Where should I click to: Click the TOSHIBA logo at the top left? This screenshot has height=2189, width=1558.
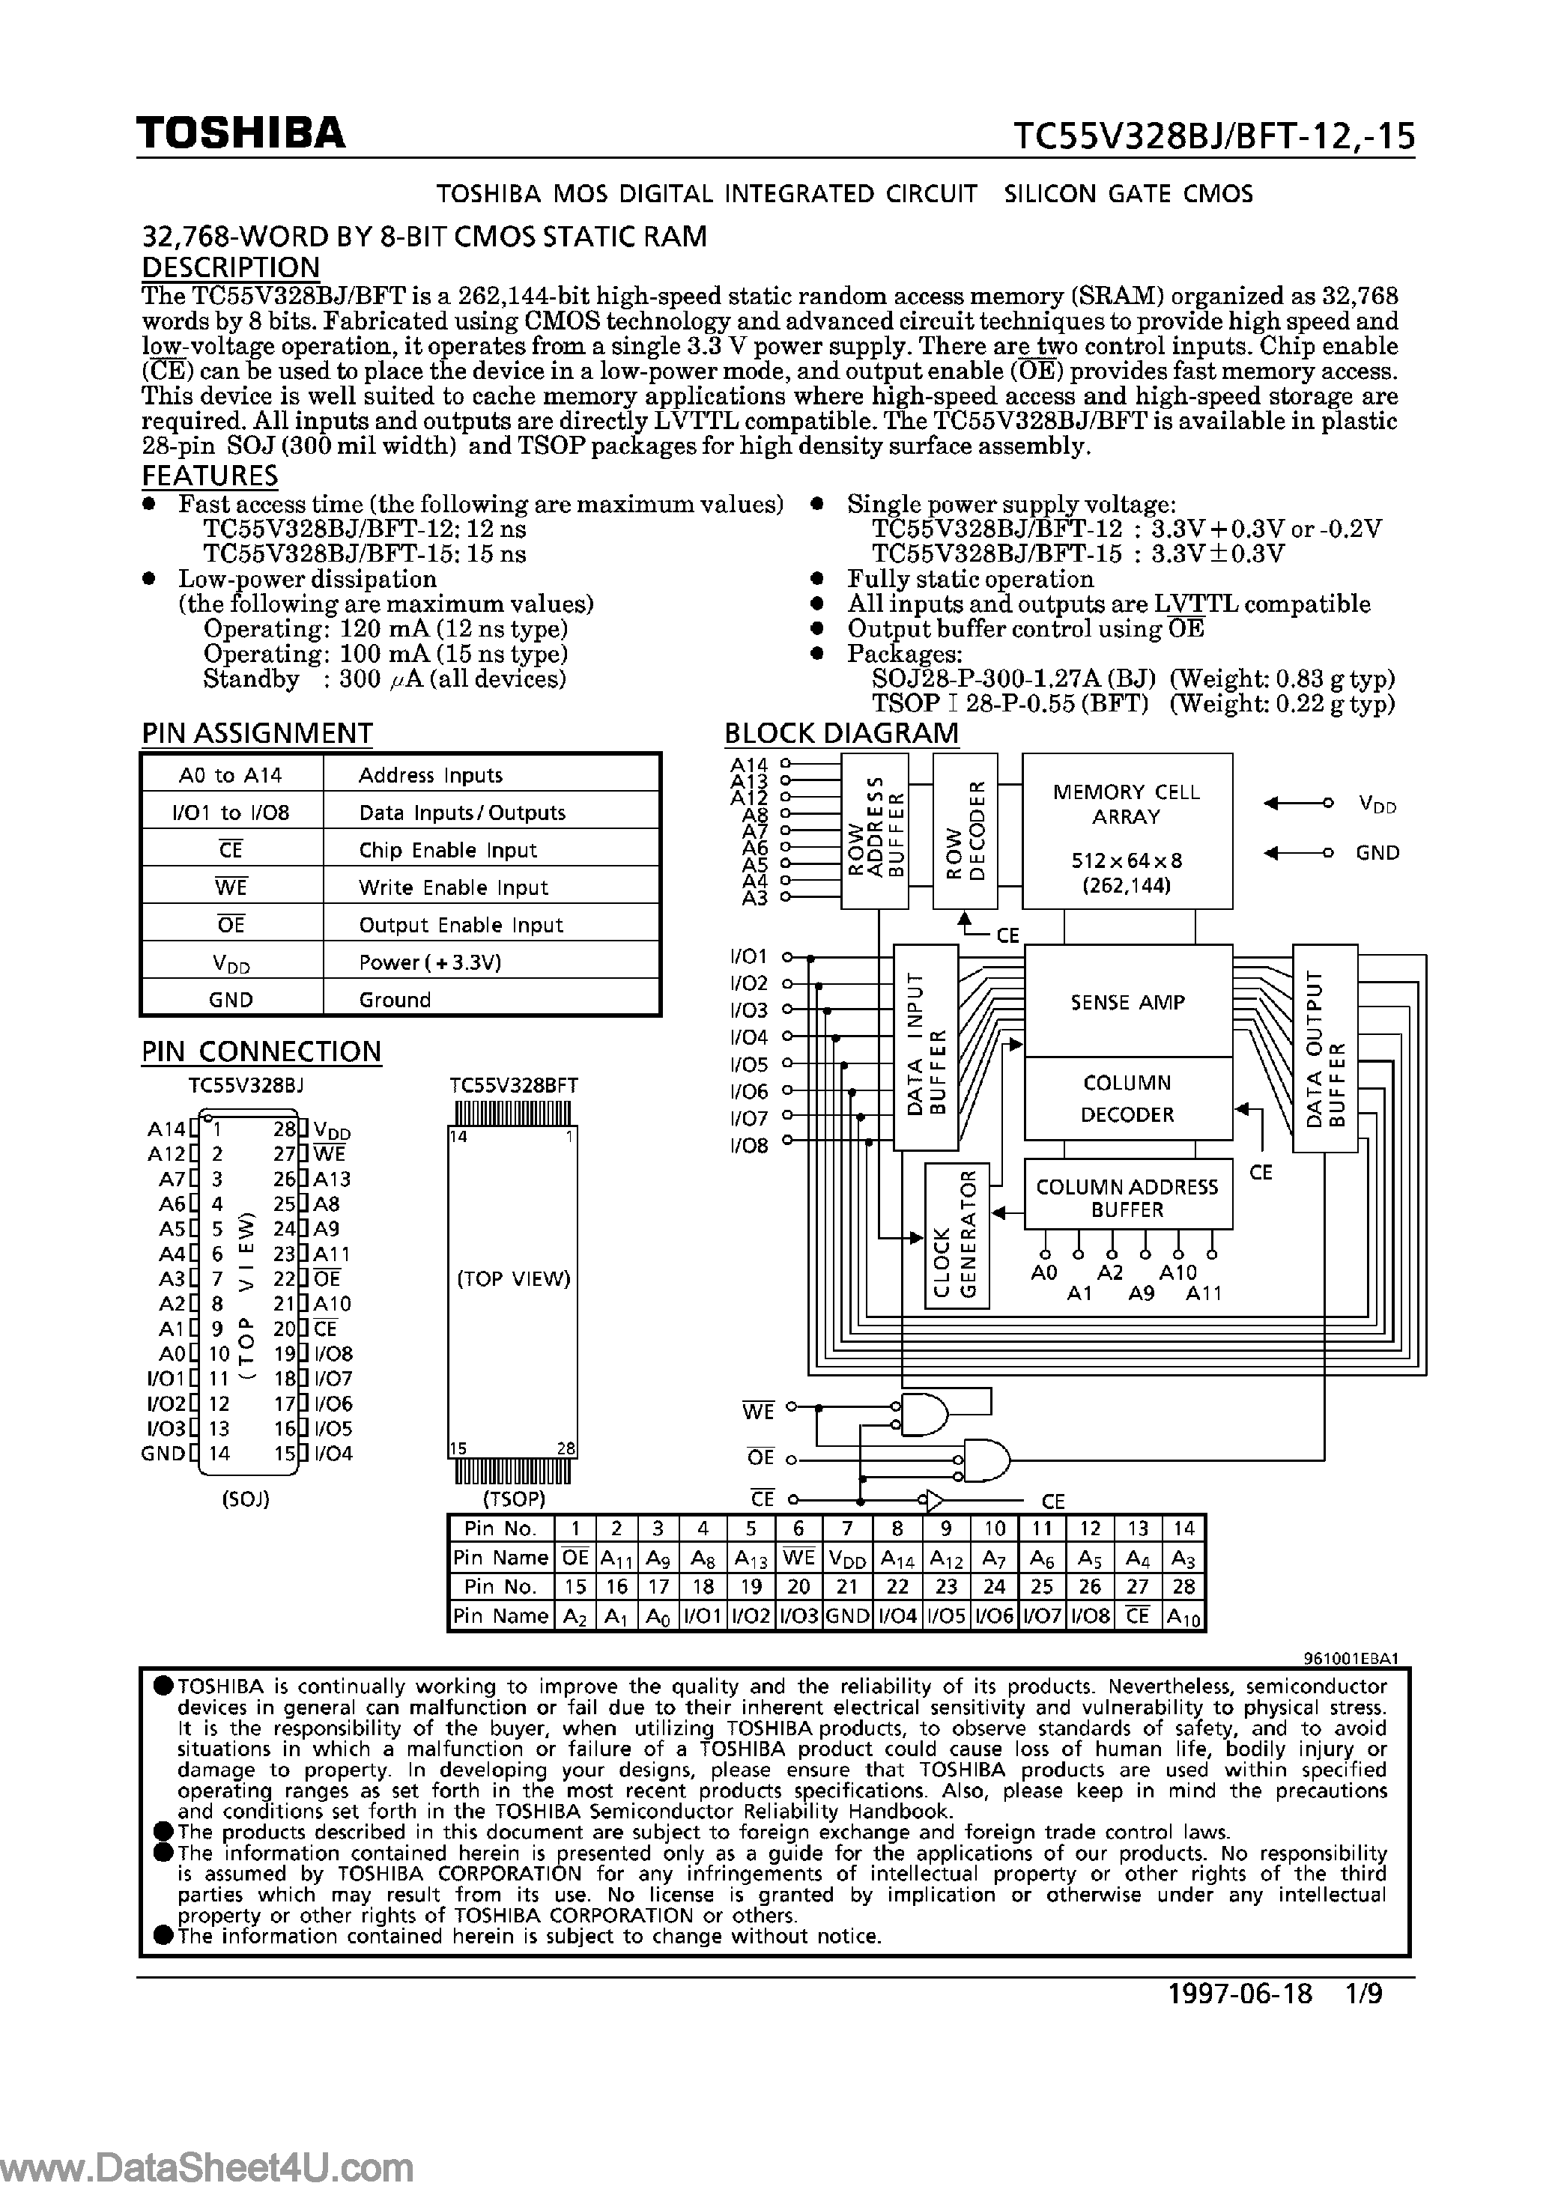[x=240, y=133]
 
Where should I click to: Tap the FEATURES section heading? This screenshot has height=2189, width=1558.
[x=210, y=476]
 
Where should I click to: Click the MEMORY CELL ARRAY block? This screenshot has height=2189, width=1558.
[x=1127, y=831]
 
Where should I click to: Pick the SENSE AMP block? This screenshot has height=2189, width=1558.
[x=1127, y=1001]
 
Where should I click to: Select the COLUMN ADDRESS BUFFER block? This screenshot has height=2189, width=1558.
[x=1127, y=1198]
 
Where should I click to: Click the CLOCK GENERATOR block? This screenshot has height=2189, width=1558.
[x=957, y=1236]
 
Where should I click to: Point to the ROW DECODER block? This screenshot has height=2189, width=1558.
[x=964, y=831]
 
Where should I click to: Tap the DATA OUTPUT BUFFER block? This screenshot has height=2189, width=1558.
[x=1325, y=1048]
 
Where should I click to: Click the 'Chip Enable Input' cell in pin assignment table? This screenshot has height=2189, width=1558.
[x=447, y=850]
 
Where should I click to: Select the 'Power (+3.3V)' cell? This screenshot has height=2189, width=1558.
[x=430, y=962]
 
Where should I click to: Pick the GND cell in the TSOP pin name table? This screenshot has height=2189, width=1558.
[x=847, y=1615]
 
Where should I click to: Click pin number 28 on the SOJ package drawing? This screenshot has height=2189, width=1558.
[x=283, y=1129]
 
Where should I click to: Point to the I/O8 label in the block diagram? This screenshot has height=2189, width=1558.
[x=749, y=1145]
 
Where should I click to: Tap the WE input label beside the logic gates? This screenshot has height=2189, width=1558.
[x=758, y=1411]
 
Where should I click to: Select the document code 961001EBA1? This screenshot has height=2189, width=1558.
[x=1351, y=1657]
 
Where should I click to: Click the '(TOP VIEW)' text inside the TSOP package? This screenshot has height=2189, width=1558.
[x=513, y=1278]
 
